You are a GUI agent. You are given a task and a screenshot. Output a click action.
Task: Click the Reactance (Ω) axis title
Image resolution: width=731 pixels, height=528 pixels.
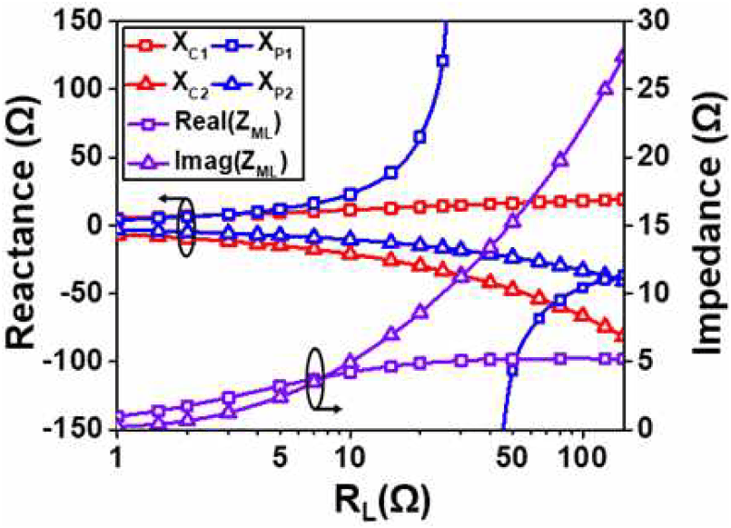click(x=22, y=223)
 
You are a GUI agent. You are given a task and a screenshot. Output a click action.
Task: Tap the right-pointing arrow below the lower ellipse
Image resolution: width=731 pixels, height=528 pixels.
click(x=330, y=409)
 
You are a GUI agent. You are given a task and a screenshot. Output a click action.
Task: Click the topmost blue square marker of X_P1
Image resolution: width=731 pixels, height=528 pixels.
click(x=442, y=61)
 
